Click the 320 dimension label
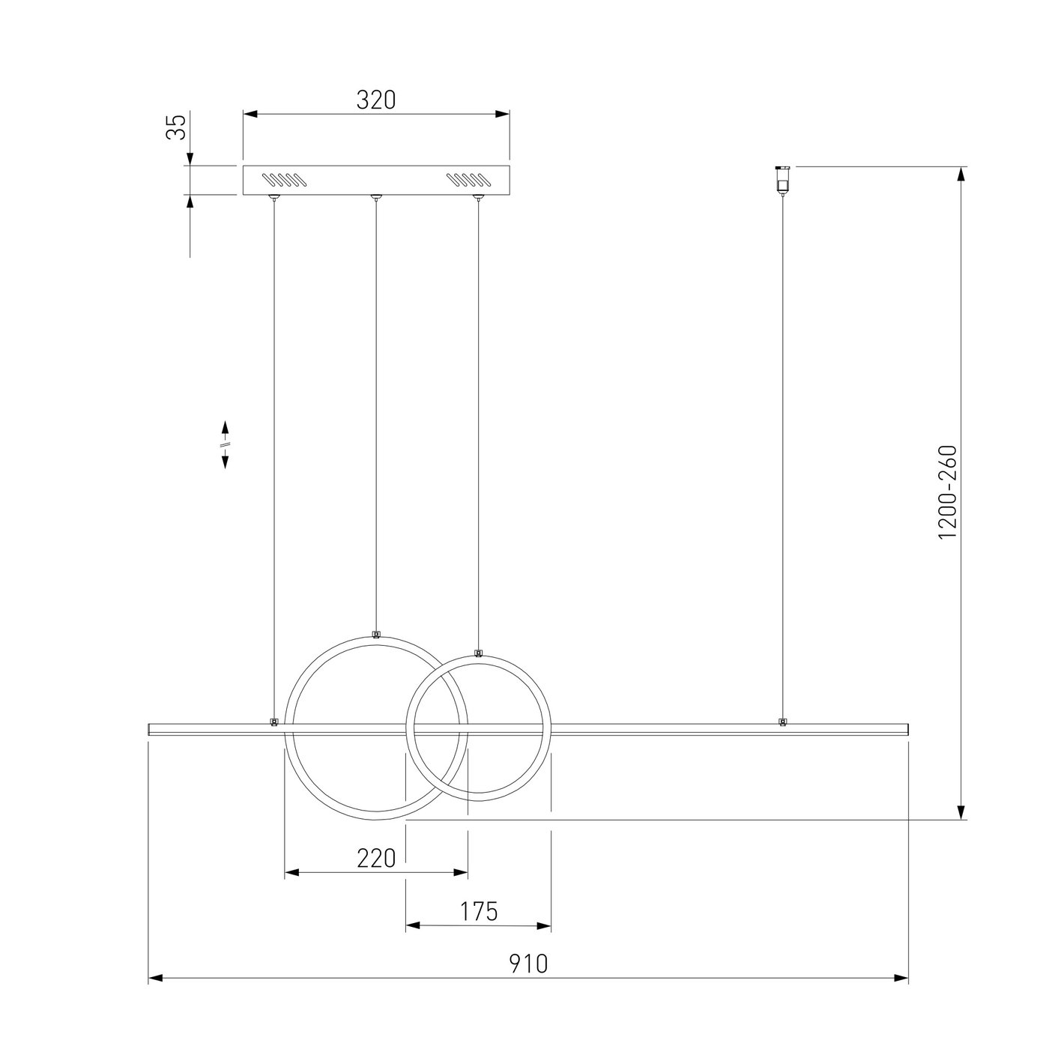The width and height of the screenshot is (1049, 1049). [375, 100]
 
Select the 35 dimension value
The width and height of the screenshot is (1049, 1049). [176, 127]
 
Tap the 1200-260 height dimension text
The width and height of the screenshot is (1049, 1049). [948, 492]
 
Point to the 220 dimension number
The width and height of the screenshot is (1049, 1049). [376, 859]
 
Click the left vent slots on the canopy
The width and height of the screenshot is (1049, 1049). [281, 179]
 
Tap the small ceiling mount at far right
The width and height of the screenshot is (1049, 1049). [782, 178]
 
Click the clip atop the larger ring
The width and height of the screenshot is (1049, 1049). [375, 634]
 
